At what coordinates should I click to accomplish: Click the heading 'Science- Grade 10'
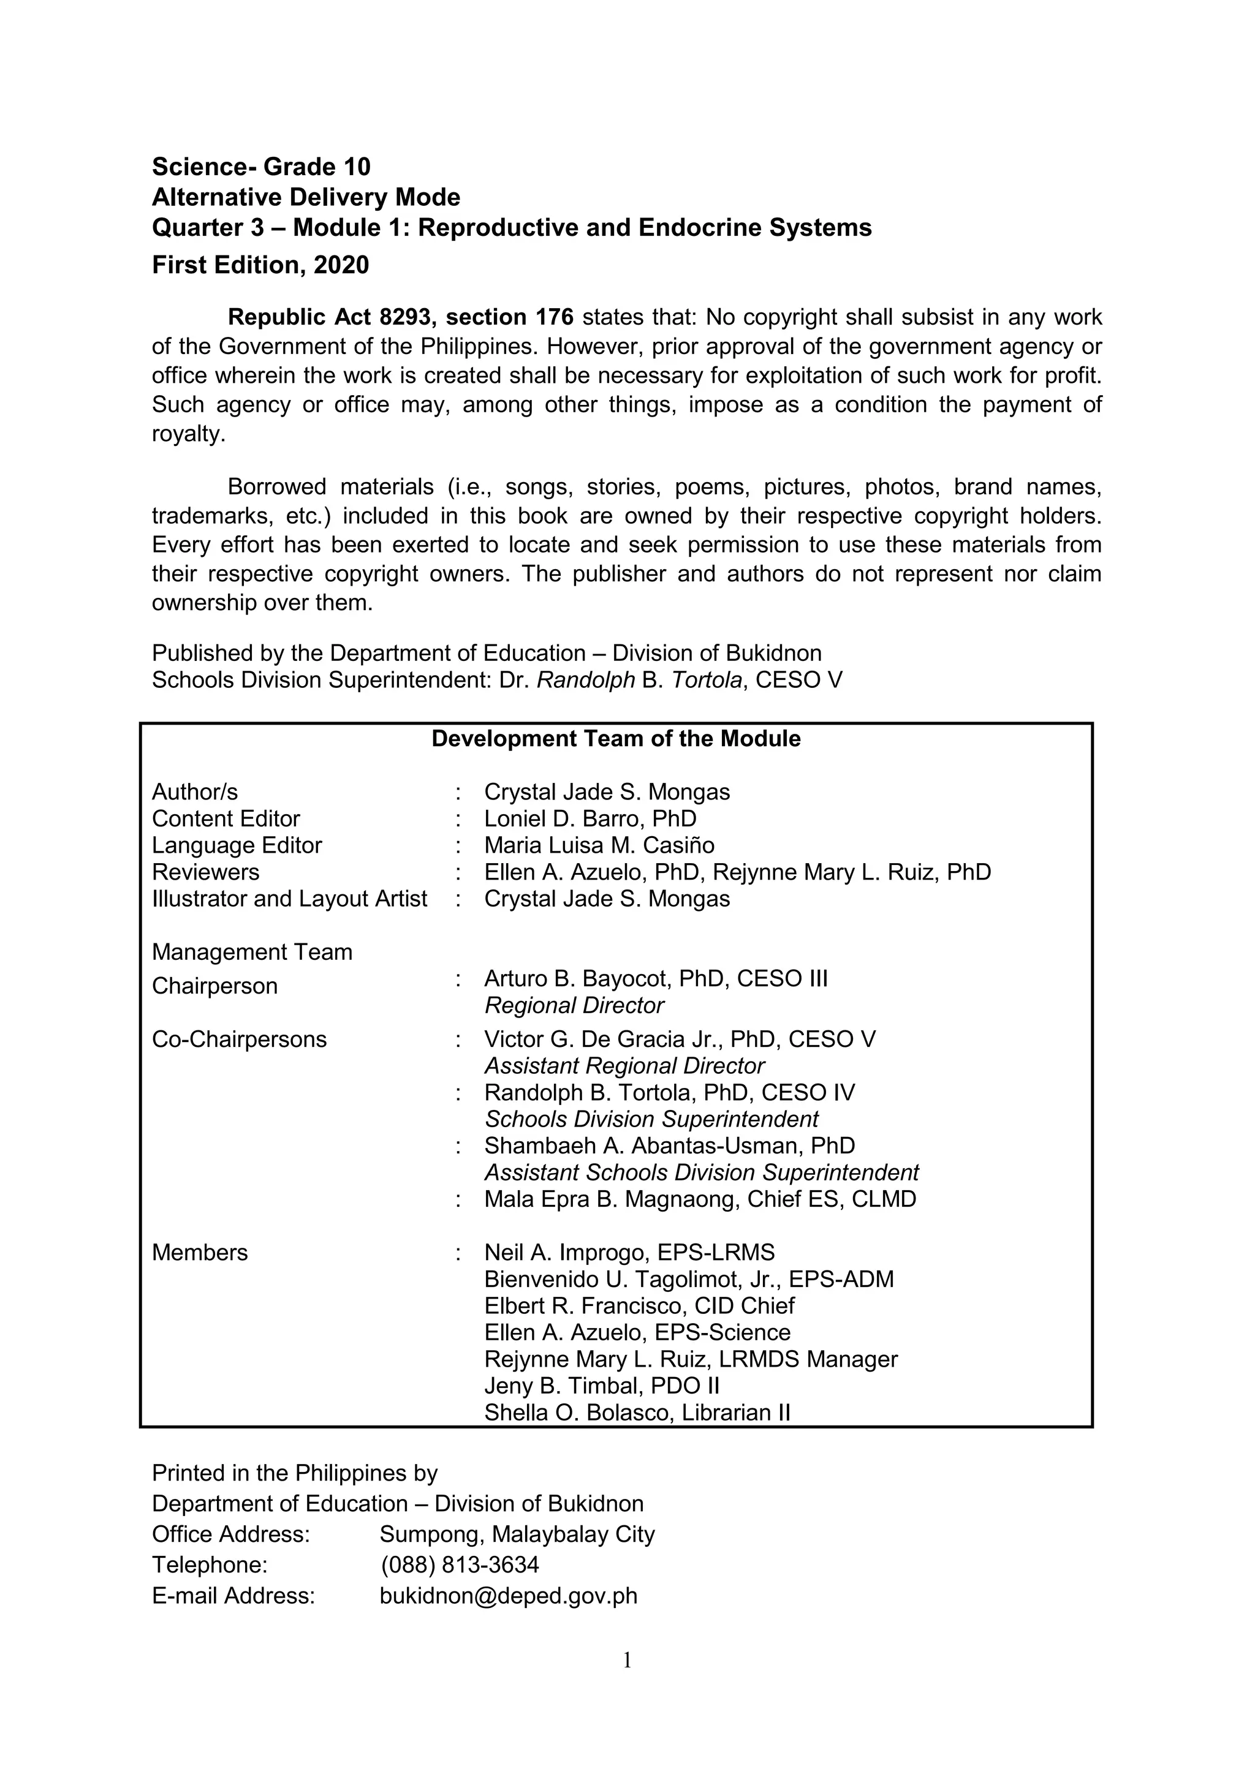point(260,166)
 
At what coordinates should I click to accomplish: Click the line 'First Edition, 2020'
point(260,265)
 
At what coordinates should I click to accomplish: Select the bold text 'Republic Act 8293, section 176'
point(400,317)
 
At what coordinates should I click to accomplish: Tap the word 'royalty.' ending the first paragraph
point(189,434)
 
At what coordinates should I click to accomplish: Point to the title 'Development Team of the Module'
point(616,739)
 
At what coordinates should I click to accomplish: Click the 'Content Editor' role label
point(226,818)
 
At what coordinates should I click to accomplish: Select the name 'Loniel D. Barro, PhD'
point(590,818)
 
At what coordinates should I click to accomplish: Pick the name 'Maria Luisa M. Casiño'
point(599,845)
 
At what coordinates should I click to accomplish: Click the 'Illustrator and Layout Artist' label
point(289,899)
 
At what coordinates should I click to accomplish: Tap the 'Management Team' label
point(252,952)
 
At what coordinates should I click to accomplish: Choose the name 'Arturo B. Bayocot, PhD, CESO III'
point(655,979)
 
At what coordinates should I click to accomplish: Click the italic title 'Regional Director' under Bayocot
point(574,1005)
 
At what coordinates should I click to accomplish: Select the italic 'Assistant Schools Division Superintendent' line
point(701,1173)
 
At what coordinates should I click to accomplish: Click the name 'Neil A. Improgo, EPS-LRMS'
point(629,1253)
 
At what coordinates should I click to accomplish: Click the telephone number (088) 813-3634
point(460,1565)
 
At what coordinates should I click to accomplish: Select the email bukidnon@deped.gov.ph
point(509,1596)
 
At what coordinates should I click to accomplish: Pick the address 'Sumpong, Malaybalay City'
point(517,1534)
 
